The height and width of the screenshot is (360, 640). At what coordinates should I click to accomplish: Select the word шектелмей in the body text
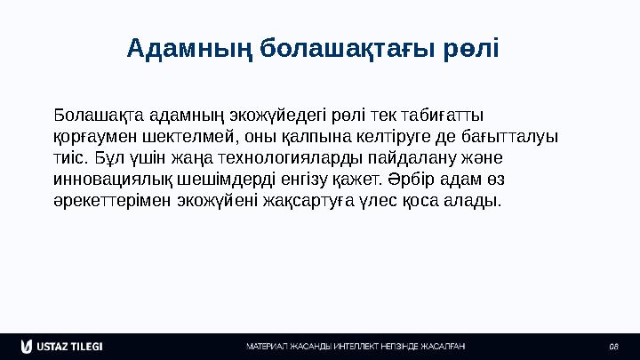point(188,137)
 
